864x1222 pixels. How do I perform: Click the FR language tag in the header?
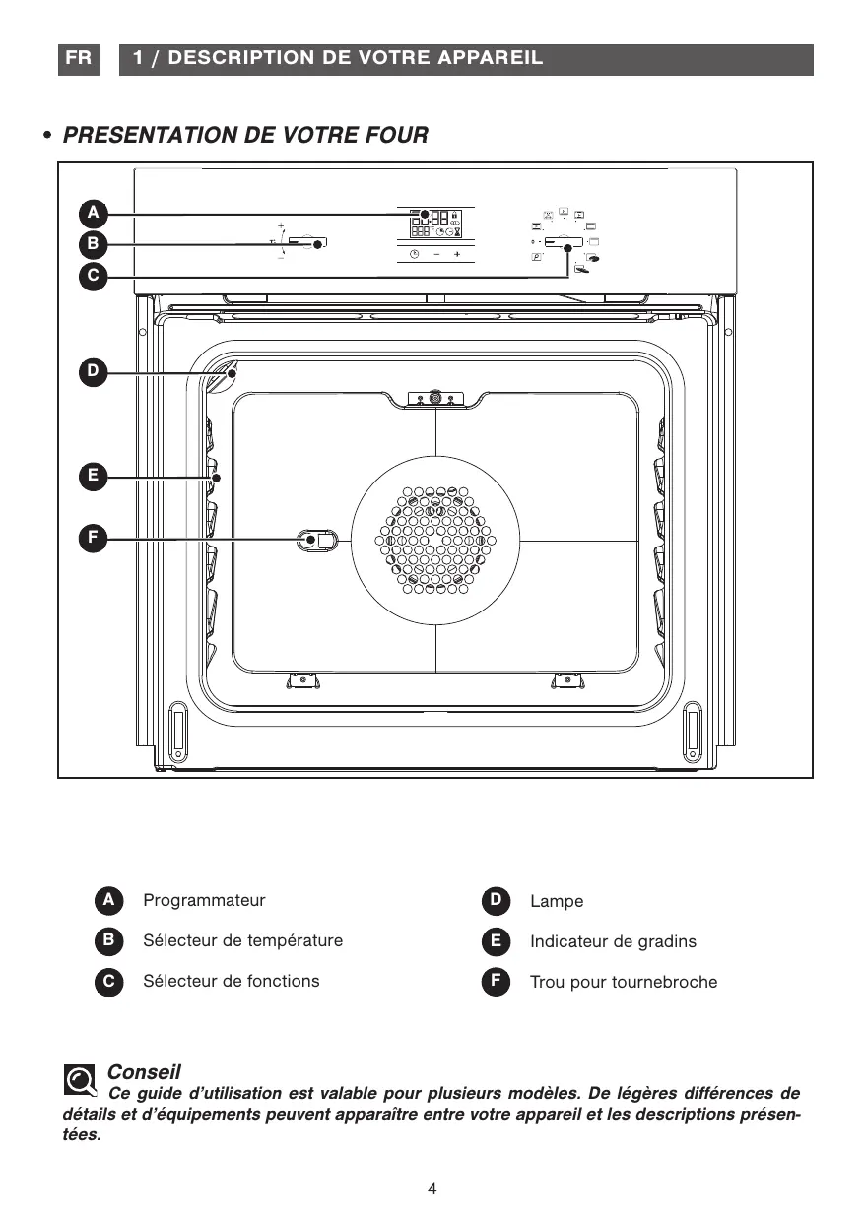pos(79,59)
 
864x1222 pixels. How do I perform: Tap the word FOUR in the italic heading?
pos(396,135)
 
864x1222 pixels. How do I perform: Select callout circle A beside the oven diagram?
pos(94,214)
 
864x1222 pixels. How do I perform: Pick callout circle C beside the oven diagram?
pos(94,276)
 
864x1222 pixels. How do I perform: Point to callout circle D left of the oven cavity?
pos(94,372)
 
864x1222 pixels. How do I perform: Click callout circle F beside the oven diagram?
pos(94,539)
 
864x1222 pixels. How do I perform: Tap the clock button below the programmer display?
pos(414,254)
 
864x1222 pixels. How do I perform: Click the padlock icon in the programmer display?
pos(454,215)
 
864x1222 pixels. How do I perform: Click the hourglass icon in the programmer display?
pos(457,231)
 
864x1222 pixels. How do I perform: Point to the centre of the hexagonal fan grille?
pos(435,540)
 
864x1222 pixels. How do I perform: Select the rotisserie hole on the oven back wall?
pos(317,540)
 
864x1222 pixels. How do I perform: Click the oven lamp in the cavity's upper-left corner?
pos(221,376)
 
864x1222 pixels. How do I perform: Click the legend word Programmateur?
pos(204,901)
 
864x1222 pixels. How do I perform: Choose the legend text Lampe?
pos(557,901)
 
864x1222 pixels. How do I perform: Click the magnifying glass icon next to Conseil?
pos(80,1079)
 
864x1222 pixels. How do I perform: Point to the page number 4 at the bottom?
pos(432,1189)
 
